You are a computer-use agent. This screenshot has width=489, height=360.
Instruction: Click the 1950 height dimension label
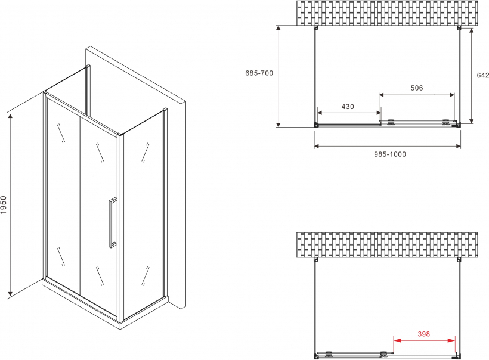[4, 205]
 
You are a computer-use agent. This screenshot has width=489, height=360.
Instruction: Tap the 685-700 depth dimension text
[259, 73]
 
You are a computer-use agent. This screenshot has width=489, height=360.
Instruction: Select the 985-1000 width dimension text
[390, 154]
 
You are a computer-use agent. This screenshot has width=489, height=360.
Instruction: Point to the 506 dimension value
[417, 88]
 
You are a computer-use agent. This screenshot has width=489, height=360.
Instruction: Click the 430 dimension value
[348, 107]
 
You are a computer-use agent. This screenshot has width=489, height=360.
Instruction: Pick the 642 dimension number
[483, 75]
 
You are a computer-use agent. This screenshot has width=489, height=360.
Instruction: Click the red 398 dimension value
[424, 334]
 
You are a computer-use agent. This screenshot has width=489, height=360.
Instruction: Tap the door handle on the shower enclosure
[112, 222]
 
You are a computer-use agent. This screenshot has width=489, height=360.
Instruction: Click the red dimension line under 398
[424, 340]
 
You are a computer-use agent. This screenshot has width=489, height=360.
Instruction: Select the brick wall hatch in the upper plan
[386, 13]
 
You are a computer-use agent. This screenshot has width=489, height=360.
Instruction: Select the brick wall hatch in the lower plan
[386, 246]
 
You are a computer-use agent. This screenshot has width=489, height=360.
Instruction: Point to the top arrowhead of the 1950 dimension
[10, 117]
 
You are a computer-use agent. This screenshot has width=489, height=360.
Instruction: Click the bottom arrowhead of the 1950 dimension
[10, 293]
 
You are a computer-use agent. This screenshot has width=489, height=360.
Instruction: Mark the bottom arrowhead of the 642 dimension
[472, 120]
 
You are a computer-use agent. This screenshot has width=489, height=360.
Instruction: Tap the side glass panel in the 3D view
[143, 215]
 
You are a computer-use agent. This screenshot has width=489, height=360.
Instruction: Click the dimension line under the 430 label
[349, 113]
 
